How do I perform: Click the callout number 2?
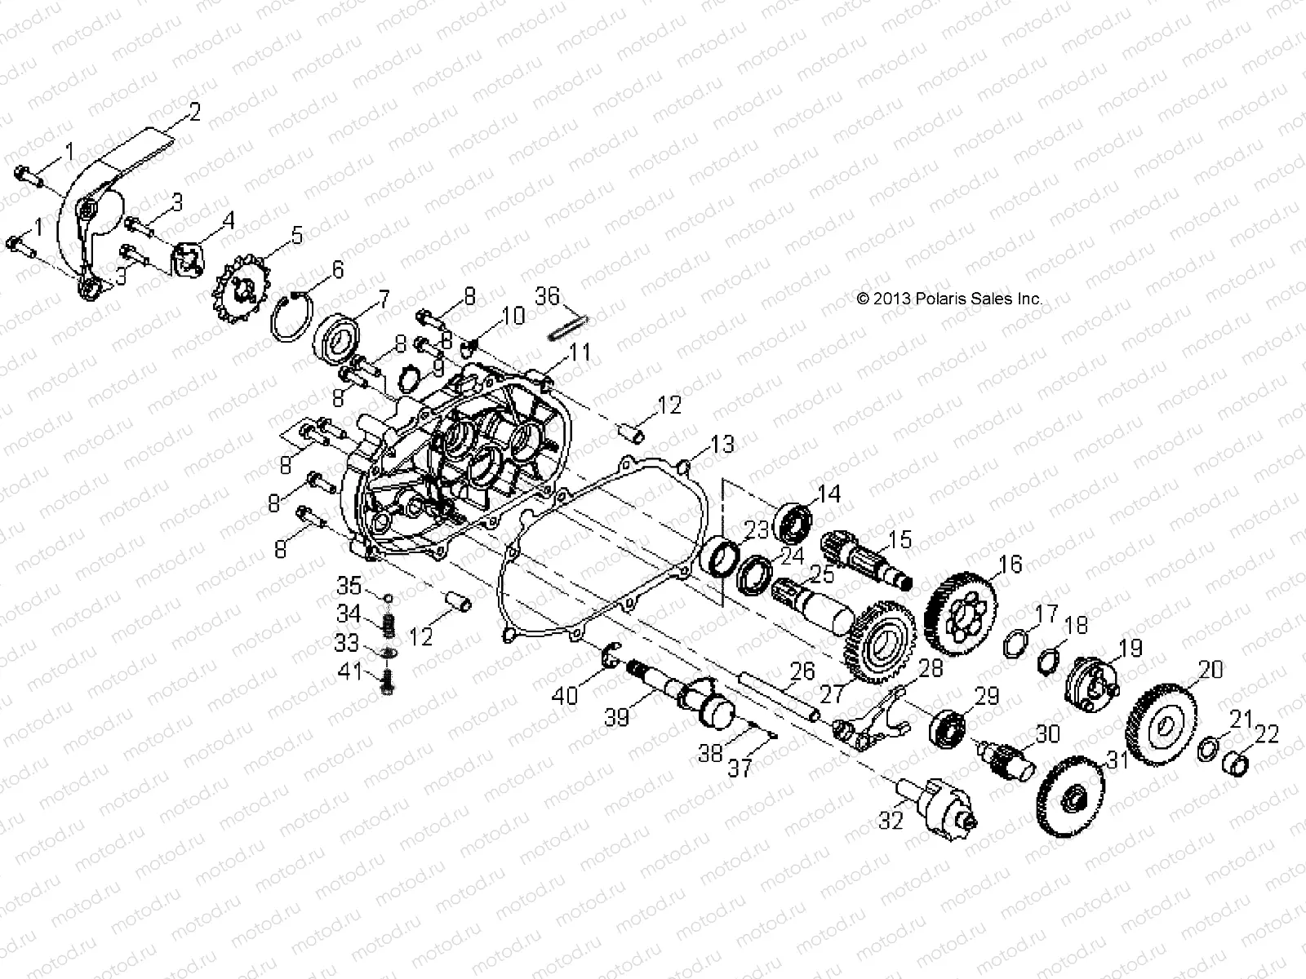pos(195,112)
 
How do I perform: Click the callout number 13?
pos(722,445)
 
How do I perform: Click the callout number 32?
pos(891,820)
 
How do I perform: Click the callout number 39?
pos(615,717)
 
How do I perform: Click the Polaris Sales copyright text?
pos(949,299)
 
